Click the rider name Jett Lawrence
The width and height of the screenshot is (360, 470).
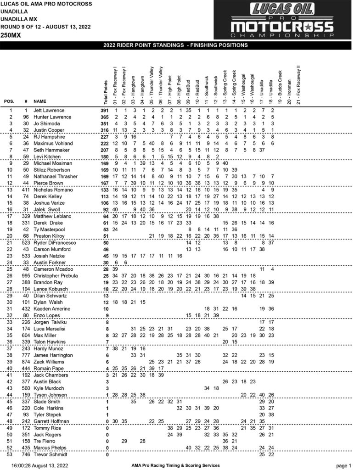click(x=49, y=111)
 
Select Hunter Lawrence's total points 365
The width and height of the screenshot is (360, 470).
click(x=106, y=117)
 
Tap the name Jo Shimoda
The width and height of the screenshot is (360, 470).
click(x=45, y=123)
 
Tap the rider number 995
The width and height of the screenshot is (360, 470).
click(x=26, y=276)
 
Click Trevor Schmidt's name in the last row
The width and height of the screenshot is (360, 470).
click(x=49, y=454)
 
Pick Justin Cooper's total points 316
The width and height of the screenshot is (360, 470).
click(x=106, y=130)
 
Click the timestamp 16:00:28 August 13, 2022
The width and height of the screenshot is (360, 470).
click(x=37, y=465)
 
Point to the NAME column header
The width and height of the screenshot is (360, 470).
click(x=40, y=101)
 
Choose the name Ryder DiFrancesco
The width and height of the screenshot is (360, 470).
click(x=52, y=242)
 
